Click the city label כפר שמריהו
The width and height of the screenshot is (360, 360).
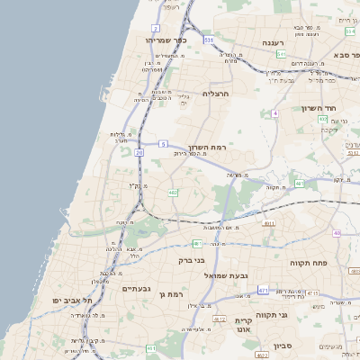166,40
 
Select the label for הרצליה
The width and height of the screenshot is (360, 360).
218,93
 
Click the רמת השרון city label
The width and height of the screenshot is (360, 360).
211,147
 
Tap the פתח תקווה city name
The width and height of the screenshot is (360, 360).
307,263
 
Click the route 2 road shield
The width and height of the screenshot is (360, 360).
156,4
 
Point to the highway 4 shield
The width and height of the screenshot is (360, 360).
274,113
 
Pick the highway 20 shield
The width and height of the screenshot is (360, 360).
139,153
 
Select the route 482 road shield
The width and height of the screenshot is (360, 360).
171,192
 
